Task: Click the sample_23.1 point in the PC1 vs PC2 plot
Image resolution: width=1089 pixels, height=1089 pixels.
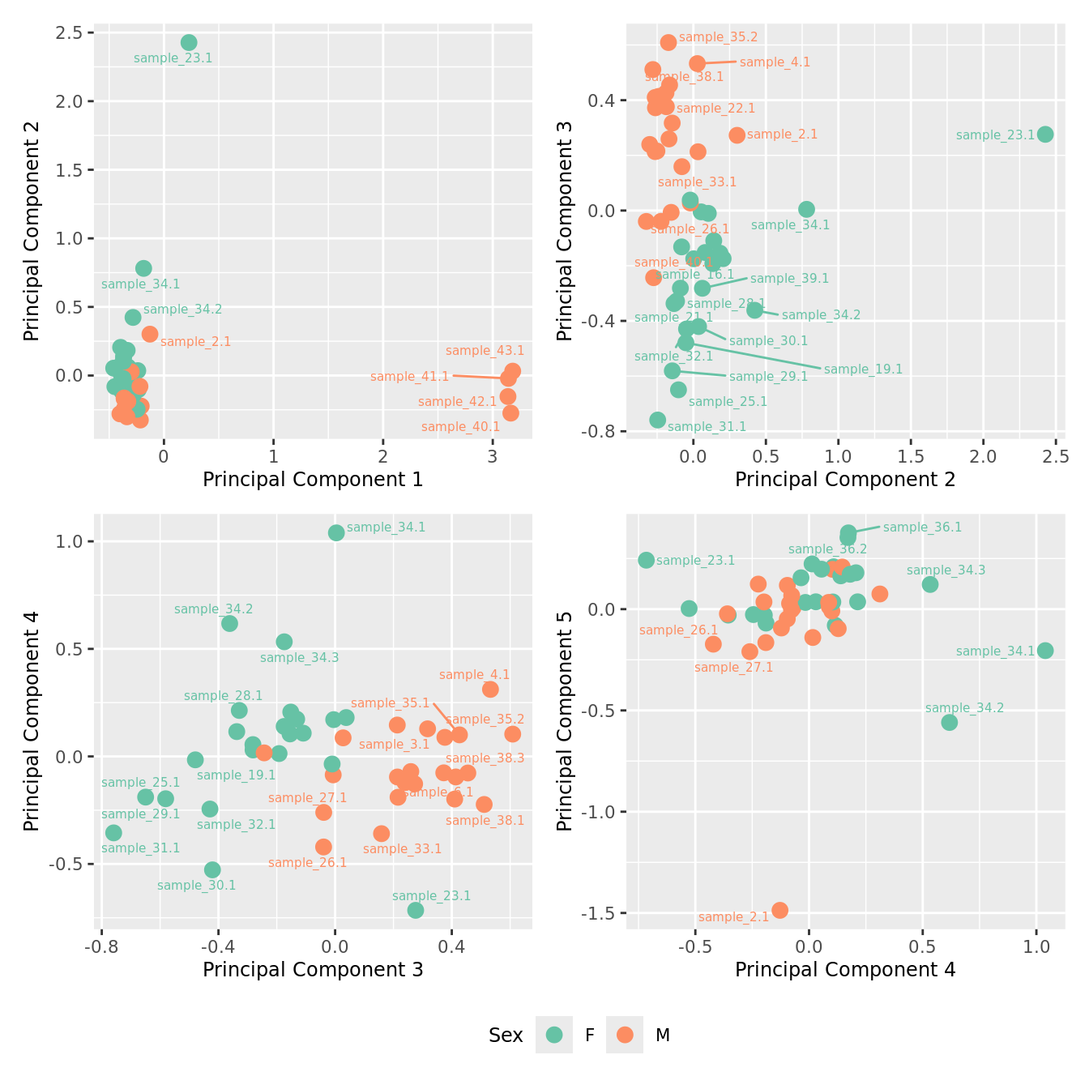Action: coord(189,43)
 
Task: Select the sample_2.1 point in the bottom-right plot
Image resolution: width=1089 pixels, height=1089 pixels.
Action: coord(779,910)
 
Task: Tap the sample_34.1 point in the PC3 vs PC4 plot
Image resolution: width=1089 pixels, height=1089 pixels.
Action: coord(336,532)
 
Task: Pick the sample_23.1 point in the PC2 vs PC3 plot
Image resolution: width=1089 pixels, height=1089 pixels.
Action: coord(1045,135)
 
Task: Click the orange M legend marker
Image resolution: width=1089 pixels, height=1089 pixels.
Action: coord(625,1035)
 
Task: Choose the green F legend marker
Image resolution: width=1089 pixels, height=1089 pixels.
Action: coord(554,1035)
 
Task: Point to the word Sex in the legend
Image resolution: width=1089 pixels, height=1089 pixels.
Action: coord(506,1036)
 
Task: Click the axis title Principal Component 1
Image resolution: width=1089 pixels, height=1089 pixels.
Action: coord(313,480)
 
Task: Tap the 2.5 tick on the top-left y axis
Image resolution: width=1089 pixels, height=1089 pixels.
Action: coord(69,32)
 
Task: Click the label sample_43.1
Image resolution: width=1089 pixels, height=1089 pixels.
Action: coord(485,351)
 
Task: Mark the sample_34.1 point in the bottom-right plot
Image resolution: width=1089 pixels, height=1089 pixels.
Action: coord(1045,651)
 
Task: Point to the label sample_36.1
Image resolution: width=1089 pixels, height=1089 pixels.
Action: coord(922,527)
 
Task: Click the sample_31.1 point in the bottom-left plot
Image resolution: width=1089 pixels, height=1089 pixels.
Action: coord(113,833)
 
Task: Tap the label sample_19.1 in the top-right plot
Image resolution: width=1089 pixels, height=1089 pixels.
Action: coord(863,369)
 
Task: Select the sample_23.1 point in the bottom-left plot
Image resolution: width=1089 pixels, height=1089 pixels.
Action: coord(416,910)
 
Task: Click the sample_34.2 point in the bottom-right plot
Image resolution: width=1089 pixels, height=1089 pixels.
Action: coord(950,722)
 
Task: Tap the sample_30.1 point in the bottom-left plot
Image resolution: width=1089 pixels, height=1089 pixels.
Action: coord(212,869)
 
